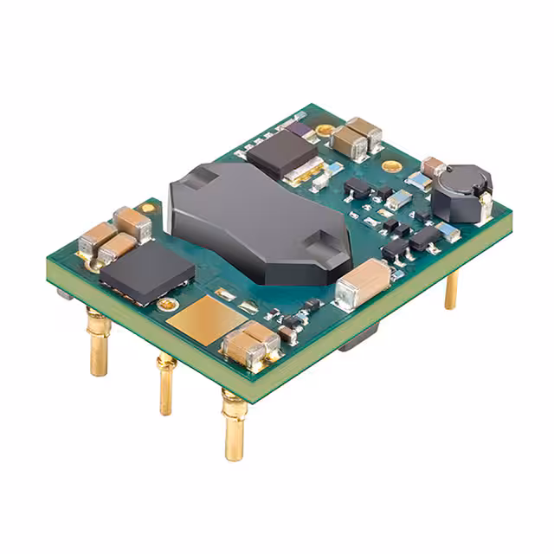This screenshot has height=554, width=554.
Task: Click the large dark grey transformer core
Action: [260, 221]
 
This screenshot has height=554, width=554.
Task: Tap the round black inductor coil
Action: [461, 192]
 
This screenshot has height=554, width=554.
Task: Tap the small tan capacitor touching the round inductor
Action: [432, 166]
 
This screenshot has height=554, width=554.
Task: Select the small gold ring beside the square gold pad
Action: [166, 305]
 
